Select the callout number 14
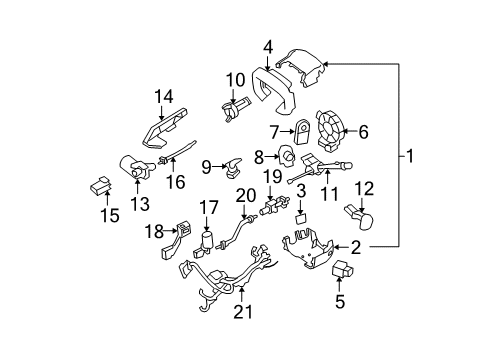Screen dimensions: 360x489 point(163,96)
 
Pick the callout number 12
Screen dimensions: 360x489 point(364,187)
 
